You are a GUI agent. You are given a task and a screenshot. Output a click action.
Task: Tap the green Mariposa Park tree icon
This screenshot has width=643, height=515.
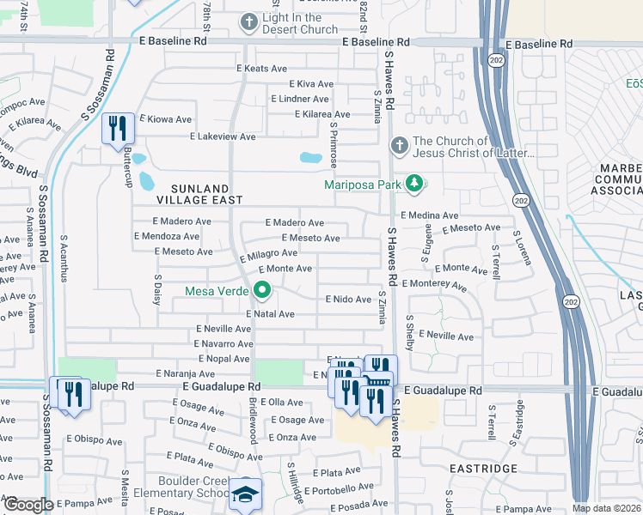coord(414,183)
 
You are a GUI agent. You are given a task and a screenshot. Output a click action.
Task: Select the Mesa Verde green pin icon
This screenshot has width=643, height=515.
coord(261,293)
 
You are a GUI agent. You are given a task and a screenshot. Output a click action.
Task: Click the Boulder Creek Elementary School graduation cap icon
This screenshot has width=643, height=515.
coord(245,494)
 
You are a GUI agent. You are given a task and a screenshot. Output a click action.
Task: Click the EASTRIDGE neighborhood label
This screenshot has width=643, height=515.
coord(484,469)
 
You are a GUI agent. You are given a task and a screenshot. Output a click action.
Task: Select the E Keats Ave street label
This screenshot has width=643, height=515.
coord(261,69)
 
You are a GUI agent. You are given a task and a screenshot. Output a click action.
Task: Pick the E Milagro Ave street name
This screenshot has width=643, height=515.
coord(269,255)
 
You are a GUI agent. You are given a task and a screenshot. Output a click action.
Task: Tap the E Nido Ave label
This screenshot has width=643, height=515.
coord(347,299)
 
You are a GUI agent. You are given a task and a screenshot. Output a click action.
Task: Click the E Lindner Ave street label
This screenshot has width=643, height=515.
coord(300,99)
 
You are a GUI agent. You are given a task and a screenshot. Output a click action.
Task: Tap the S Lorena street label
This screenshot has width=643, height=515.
coord(517,245)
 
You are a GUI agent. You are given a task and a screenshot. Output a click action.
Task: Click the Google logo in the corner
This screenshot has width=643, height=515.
coord(29,505)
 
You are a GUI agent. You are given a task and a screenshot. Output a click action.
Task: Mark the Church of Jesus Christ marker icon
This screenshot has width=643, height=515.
coord(398,147)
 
